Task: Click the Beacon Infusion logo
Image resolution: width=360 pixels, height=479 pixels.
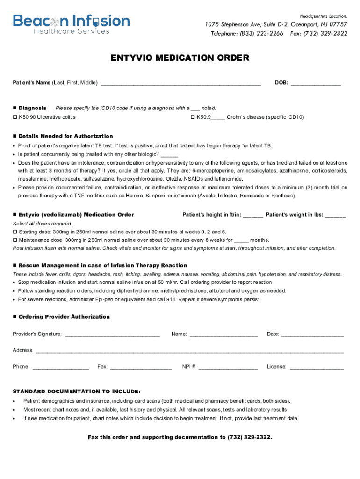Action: click(71, 23)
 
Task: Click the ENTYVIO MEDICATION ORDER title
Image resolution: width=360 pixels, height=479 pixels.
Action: click(180, 58)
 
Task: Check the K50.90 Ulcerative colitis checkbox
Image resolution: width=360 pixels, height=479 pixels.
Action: click(14, 117)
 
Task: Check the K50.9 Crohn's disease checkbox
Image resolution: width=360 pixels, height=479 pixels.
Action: click(193, 117)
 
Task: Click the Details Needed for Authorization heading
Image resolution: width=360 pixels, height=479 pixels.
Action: click(65, 136)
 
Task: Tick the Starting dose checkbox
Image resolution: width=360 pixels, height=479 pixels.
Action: click(14, 232)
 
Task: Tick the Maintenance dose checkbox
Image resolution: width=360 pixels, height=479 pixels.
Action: click(14, 240)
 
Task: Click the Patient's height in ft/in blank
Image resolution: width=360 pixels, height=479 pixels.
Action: click(253, 216)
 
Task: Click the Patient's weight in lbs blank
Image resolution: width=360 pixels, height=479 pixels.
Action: click(335, 216)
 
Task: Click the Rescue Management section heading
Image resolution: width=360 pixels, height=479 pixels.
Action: click(102, 265)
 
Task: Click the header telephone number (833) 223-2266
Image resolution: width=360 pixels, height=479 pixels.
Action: click(261, 34)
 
